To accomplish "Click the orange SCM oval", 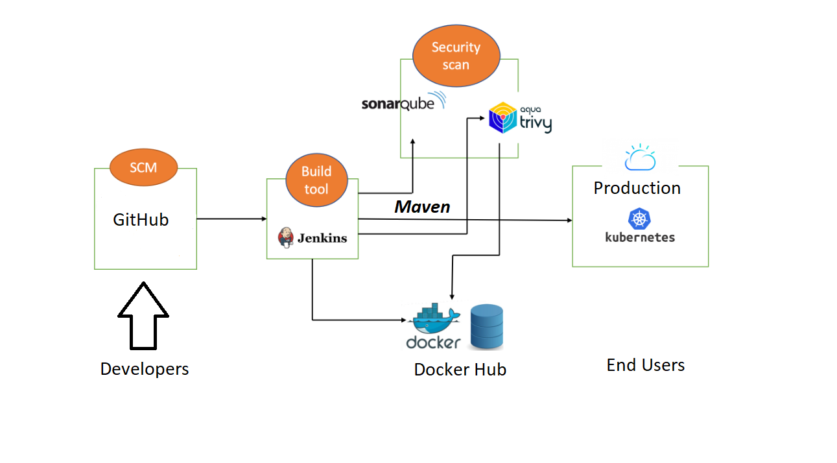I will click(143, 167).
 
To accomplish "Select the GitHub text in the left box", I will click(141, 220).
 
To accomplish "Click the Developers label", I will click(145, 369).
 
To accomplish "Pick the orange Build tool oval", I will click(316, 180).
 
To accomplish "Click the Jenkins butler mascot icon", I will click(285, 237).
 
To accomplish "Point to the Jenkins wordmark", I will click(322, 238).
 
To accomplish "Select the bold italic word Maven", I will click(422, 207).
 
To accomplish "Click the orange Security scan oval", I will click(456, 56).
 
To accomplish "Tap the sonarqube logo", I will click(403, 102).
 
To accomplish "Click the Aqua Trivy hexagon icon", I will click(502, 118).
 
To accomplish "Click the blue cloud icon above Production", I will click(640, 158).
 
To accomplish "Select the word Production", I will click(637, 188).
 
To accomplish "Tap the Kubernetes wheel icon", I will click(639, 219).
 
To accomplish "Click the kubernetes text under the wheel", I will click(640, 237).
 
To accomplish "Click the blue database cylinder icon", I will click(487, 327).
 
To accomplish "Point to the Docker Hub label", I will click(460, 370).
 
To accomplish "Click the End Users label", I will click(645, 365).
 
